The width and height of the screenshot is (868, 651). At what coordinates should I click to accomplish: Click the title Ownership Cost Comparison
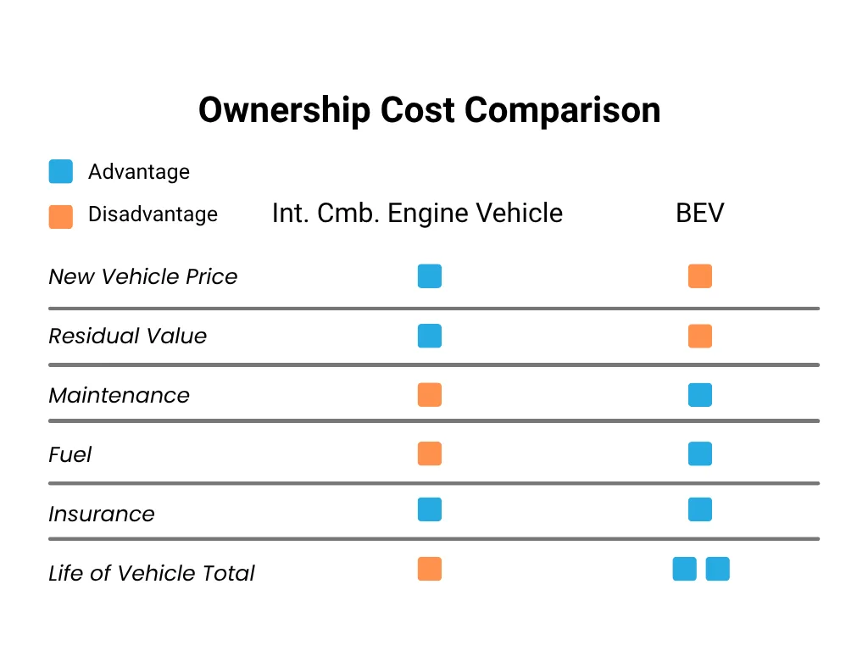429,111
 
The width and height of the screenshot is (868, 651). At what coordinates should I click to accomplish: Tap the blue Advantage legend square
61,171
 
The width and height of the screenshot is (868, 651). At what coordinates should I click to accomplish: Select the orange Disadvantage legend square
61,216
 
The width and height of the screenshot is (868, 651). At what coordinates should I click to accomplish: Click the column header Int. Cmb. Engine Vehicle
417,213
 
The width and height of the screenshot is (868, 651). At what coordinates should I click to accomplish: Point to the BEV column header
699,213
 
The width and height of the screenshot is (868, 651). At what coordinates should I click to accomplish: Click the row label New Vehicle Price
142,277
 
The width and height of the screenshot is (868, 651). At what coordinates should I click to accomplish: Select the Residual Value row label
127,337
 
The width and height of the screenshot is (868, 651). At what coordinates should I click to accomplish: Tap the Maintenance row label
119,396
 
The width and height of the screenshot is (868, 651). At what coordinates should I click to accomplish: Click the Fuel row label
70,455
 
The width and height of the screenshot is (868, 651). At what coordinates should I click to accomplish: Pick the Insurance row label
101,515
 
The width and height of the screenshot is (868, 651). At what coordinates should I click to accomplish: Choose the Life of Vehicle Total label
151,574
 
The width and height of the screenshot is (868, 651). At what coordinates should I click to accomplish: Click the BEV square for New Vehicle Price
700,276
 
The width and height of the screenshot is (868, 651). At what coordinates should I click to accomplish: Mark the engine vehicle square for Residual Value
430,336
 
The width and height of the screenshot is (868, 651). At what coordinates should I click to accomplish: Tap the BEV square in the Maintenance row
700,395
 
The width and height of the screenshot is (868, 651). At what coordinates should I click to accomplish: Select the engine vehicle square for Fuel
430,454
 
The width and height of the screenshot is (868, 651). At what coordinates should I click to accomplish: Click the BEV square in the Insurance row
700,509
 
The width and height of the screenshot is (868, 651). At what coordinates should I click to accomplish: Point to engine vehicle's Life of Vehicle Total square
430,569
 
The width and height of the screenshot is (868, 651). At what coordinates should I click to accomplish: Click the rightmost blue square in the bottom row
717,569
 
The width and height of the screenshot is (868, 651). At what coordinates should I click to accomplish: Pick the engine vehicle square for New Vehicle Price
430,276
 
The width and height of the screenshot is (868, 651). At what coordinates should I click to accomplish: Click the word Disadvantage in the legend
153,214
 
